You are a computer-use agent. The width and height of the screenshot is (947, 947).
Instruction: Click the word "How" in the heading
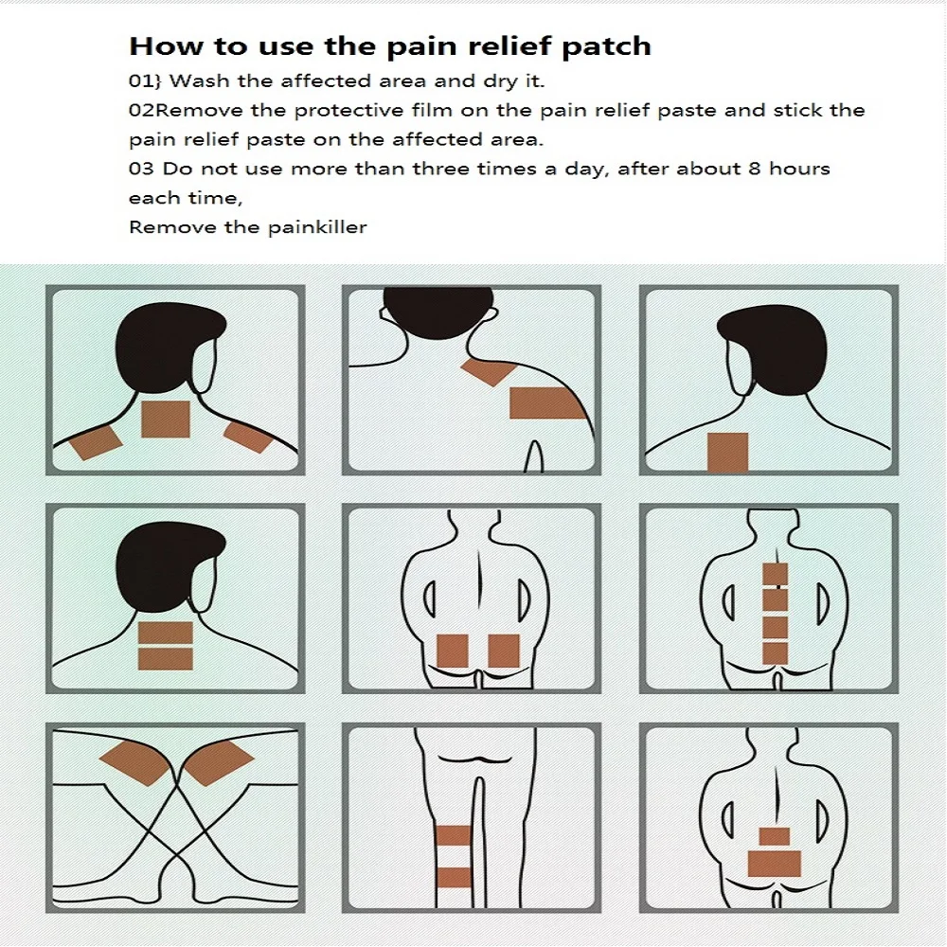coord(157,45)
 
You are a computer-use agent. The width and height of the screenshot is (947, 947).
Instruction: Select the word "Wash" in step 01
coord(199,80)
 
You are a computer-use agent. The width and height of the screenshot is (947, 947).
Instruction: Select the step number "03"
coord(141,169)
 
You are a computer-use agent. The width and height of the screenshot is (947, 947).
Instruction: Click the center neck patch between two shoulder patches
coord(166,419)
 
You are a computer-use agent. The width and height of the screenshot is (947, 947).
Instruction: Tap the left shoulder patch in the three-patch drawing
coord(94,441)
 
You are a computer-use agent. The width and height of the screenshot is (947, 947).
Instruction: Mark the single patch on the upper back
coord(728,452)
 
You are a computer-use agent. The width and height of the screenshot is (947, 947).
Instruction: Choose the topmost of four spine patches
coord(776,574)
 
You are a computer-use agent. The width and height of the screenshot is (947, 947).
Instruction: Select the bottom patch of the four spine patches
coord(776,652)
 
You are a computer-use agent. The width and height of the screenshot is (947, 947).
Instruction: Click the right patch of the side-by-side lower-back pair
coord(503,651)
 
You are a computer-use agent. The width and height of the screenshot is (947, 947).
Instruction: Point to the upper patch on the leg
coord(454,835)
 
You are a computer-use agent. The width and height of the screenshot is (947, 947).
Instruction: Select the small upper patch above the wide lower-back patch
coord(775,835)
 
